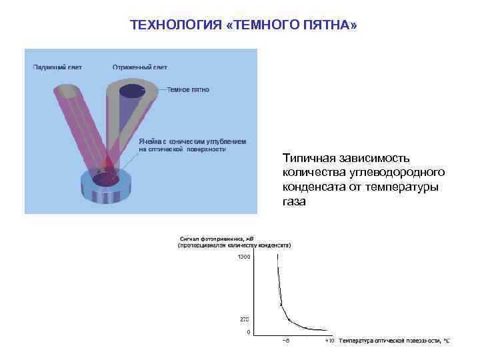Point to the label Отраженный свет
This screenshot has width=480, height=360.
(x=139, y=67)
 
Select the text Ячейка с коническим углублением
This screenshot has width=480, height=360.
(x=192, y=141)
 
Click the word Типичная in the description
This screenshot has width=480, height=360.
(x=309, y=159)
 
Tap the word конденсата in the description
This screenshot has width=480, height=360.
(x=313, y=187)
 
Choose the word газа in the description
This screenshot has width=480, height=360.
(x=293, y=202)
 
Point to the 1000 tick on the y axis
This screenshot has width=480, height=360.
(x=244, y=257)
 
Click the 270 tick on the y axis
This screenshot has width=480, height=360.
(x=245, y=319)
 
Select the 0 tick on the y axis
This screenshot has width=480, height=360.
(x=249, y=331)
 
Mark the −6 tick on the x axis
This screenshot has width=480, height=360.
(x=285, y=341)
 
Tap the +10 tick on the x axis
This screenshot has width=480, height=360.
(x=329, y=341)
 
